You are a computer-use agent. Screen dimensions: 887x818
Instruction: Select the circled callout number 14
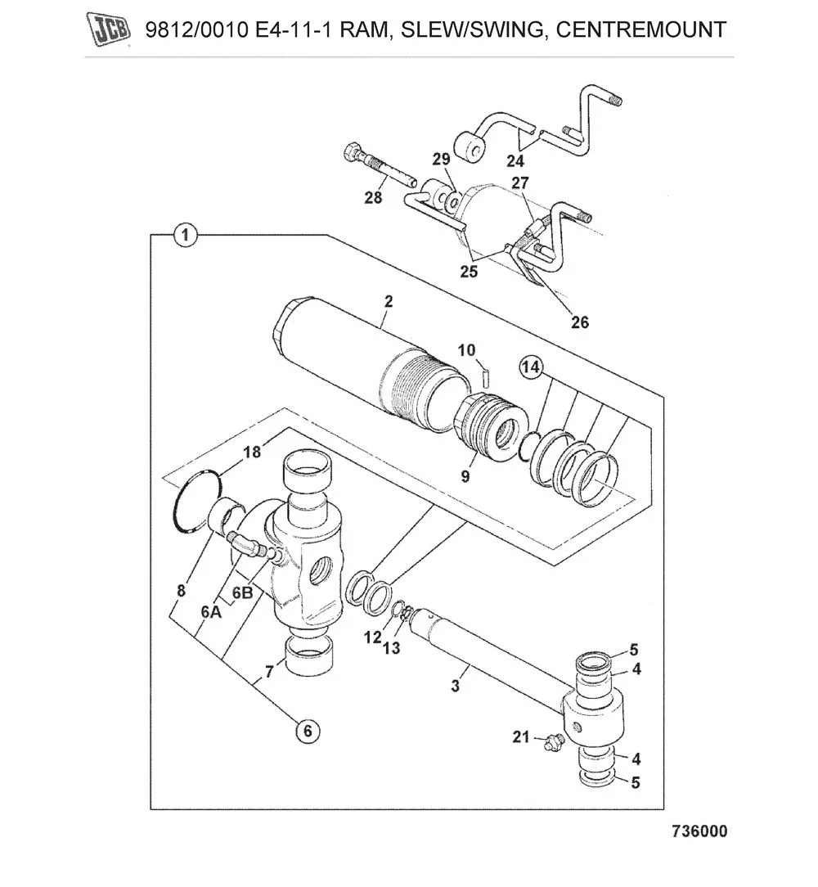click(531, 369)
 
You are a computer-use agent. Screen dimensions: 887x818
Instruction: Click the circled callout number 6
click(308, 731)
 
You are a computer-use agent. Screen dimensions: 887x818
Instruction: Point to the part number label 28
click(373, 197)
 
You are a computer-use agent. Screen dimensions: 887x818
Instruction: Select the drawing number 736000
click(699, 831)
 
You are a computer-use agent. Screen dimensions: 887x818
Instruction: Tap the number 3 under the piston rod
click(456, 686)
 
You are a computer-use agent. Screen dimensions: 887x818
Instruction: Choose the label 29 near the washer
click(442, 159)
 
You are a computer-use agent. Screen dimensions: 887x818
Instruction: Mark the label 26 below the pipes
click(579, 322)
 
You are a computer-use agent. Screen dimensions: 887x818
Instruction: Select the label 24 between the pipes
click(515, 160)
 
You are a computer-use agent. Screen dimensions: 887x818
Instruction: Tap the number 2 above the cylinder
click(389, 301)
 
